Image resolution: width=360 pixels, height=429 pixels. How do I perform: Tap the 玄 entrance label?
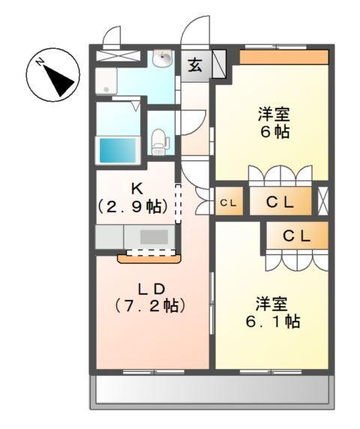pyautogui.click(x=194, y=64)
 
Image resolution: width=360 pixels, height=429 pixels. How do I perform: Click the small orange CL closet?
pyautogui.click(x=229, y=202)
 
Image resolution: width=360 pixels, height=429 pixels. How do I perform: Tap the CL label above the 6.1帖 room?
pyautogui.click(x=296, y=235)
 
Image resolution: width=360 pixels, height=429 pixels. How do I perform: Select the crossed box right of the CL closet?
pyautogui.click(x=322, y=202)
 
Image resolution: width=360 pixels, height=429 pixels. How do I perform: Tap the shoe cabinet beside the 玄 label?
pyautogui.click(x=220, y=64)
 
